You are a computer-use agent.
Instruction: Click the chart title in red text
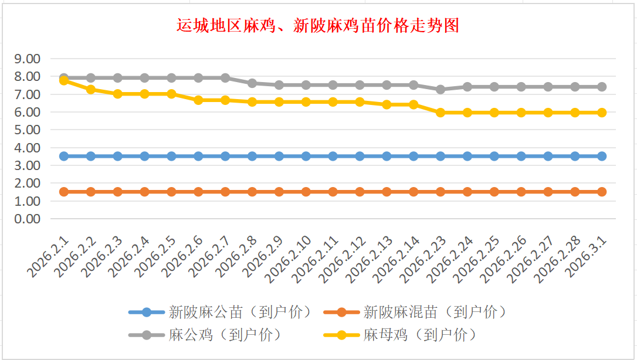point(318,26)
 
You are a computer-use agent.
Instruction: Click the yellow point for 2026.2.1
point(64,80)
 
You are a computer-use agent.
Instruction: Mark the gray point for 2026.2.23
point(441,89)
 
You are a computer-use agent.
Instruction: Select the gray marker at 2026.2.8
point(252,83)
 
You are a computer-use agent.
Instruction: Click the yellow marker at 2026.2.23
point(441,113)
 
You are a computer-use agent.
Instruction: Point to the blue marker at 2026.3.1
point(602,156)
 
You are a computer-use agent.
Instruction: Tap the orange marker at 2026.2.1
point(64,192)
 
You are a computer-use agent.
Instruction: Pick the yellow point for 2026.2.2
point(91,89)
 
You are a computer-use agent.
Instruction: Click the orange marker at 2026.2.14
point(414,192)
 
